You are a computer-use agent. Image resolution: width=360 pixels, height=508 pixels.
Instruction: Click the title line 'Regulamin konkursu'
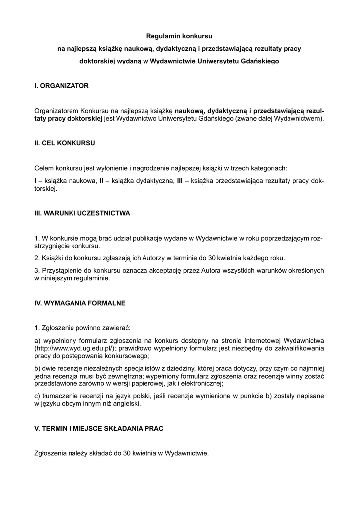tap(179, 37)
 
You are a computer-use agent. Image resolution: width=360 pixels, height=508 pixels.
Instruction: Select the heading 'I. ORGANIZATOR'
tap(62, 86)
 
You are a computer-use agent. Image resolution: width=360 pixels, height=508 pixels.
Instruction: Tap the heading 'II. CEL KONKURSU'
tap(65, 143)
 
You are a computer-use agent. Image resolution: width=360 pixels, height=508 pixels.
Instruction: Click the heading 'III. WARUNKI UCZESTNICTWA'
tap(82, 213)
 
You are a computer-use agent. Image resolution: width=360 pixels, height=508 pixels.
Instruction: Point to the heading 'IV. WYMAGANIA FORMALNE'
tap(80, 302)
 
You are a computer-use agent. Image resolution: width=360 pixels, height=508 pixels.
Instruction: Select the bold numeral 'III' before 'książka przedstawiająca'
tap(181, 181)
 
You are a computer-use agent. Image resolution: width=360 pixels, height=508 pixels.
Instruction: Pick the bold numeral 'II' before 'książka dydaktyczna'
tap(101, 181)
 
